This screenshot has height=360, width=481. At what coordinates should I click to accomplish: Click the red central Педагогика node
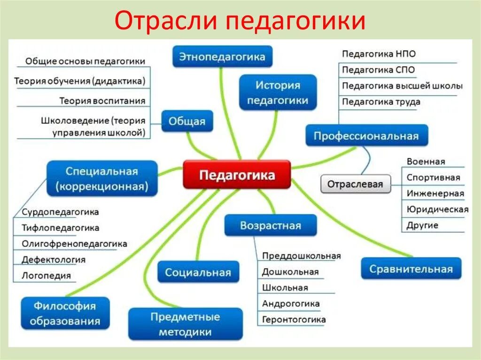click(237, 175)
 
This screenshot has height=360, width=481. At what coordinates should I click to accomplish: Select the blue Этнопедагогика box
click(222, 57)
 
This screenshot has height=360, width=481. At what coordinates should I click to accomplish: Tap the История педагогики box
click(278, 92)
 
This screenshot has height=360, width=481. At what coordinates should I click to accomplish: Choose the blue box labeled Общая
click(187, 122)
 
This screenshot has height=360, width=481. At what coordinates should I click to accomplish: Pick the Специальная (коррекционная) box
click(101, 179)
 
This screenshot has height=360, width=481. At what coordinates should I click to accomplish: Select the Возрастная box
click(270, 225)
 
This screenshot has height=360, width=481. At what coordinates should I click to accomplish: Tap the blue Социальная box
click(198, 272)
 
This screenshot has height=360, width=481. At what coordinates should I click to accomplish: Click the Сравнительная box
click(411, 269)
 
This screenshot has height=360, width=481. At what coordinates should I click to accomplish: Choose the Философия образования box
click(65, 314)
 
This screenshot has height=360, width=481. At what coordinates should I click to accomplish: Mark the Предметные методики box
click(185, 324)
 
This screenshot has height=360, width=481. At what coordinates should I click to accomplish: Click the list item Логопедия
click(46, 276)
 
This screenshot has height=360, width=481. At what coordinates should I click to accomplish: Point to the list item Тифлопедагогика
click(60, 228)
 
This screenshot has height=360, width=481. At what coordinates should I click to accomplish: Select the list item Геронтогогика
click(294, 320)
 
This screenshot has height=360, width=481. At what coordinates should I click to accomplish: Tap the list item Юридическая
click(437, 209)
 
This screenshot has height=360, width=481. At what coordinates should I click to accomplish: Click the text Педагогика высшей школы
click(402, 86)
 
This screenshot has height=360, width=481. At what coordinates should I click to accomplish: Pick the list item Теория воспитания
click(102, 100)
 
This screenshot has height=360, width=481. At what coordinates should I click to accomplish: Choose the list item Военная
click(426, 161)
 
